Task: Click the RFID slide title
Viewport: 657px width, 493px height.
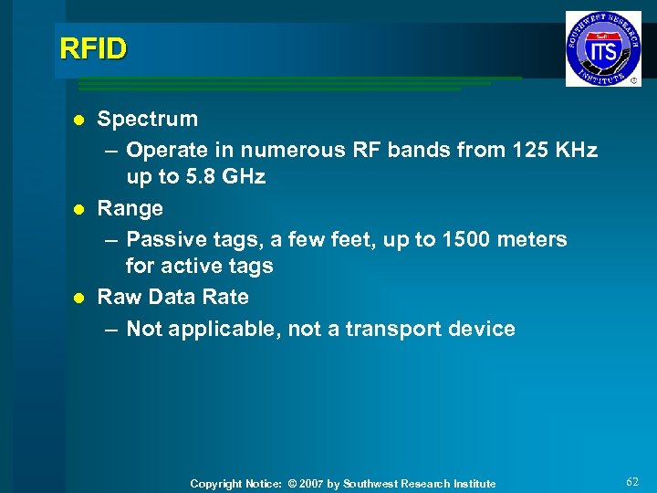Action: point(93,48)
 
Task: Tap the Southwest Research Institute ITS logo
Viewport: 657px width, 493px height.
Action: point(602,48)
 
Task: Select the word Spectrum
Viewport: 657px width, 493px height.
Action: point(147,119)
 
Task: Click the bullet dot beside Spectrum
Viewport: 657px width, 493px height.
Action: point(80,120)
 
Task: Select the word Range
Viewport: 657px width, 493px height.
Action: point(130,208)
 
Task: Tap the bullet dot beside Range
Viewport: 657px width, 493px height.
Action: point(80,209)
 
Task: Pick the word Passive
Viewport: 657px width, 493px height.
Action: point(167,239)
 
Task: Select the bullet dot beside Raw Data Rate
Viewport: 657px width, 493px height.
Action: point(80,298)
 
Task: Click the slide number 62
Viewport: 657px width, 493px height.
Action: point(633,481)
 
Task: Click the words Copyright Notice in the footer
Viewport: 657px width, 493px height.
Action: point(235,484)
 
